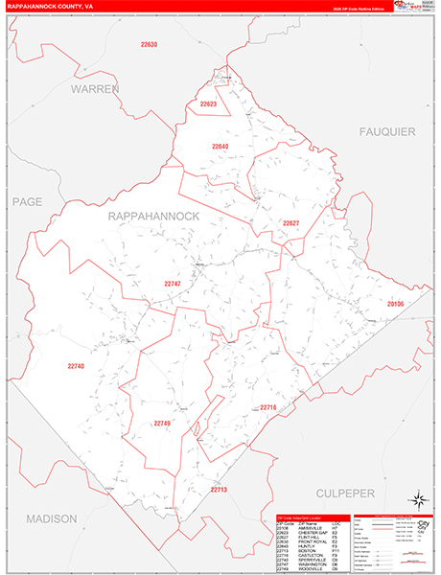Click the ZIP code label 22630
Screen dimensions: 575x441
[149, 45]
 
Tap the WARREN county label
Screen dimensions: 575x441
[94, 88]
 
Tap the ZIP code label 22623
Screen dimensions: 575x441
[208, 103]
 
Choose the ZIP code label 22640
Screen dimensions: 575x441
[220, 147]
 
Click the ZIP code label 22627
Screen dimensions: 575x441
[290, 223]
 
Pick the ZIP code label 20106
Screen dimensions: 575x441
[396, 304]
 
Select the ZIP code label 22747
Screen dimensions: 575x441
[172, 284]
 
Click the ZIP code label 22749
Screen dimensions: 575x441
[161, 423]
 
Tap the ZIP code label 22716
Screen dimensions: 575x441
[267, 407]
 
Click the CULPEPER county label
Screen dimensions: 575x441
[382, 466]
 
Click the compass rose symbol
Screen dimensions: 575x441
[418, 498]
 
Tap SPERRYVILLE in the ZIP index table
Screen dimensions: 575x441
[310, 559]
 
